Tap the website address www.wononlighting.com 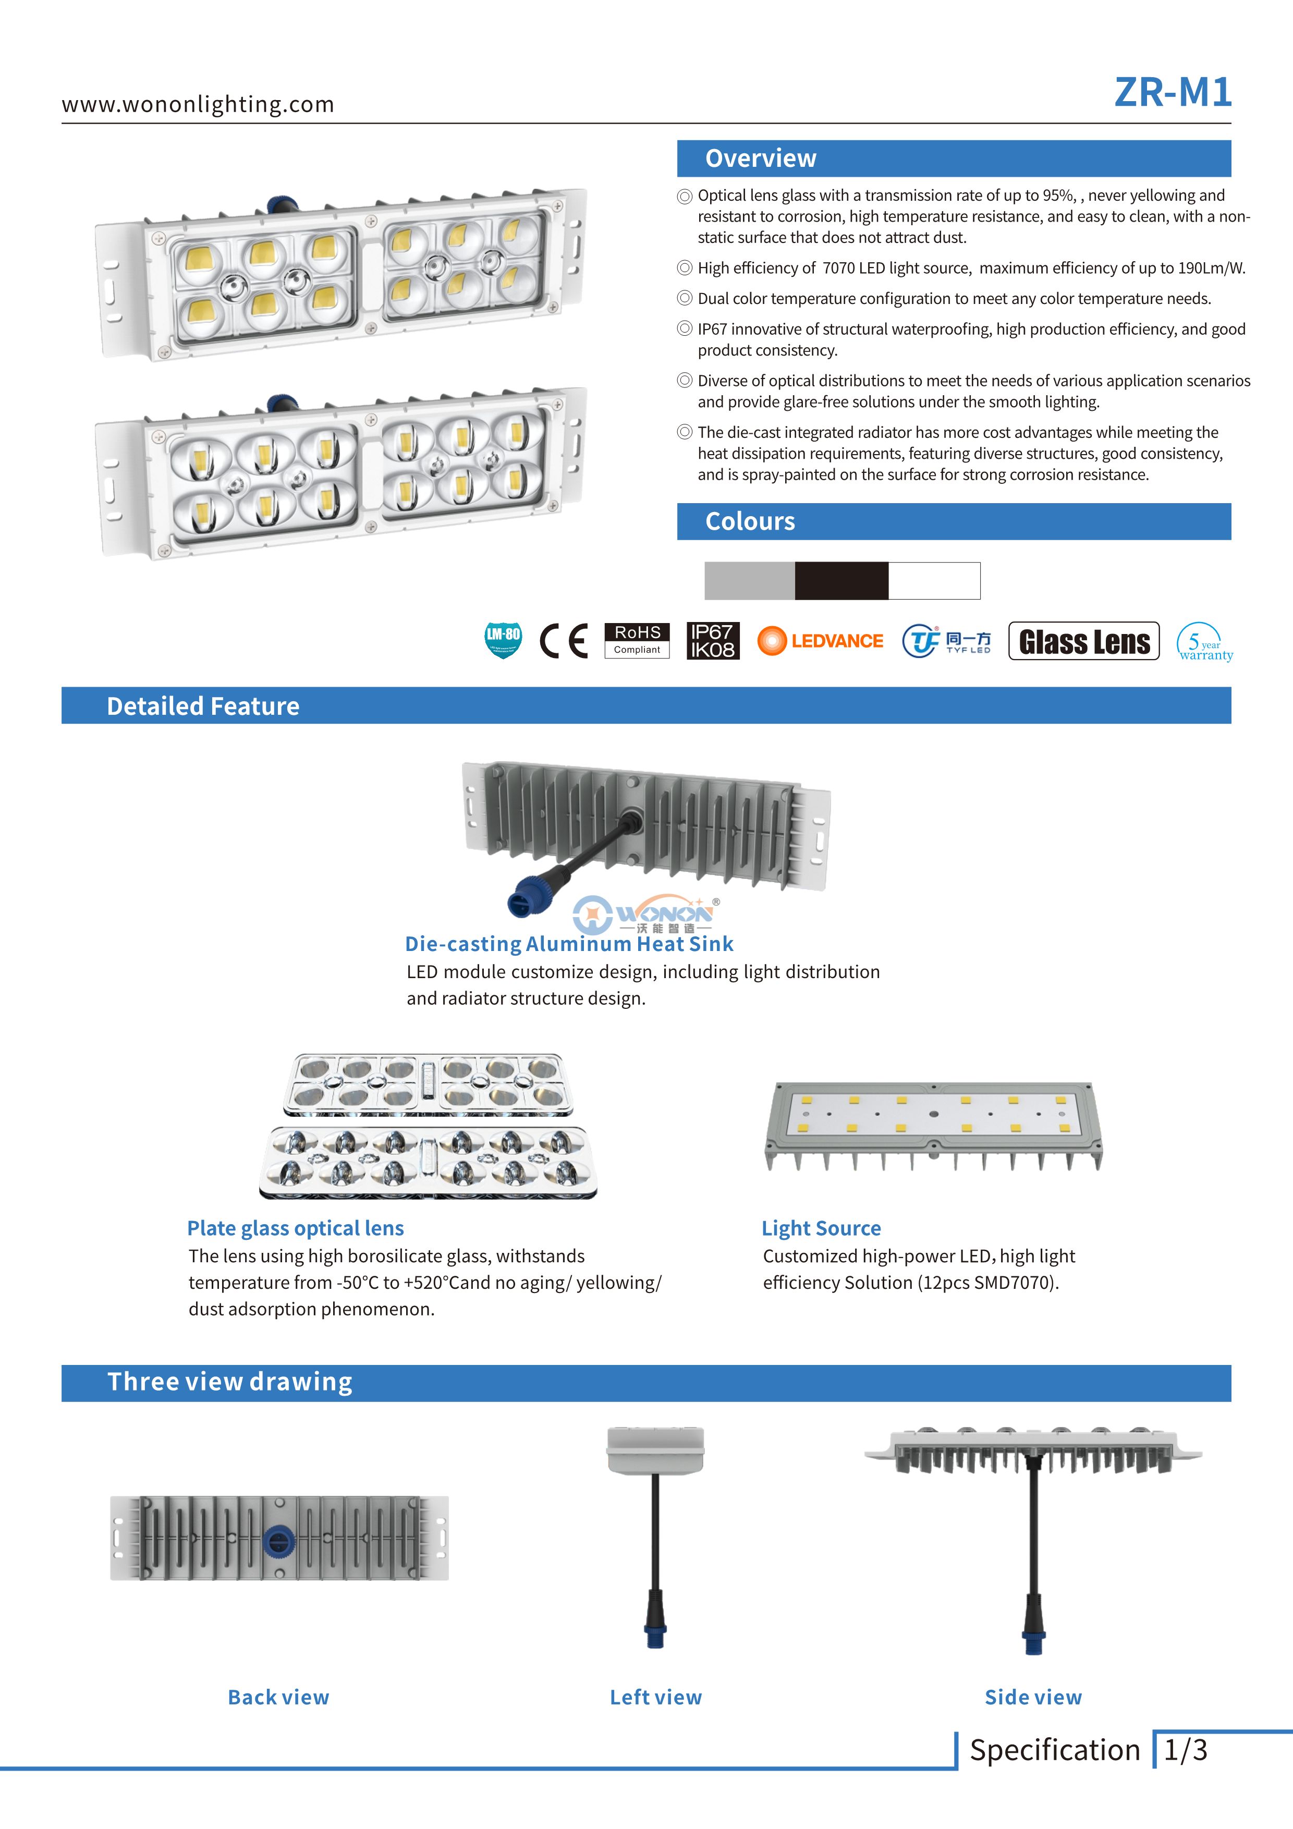[198, 104]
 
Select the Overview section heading [760, 158]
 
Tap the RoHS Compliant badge [637, 640]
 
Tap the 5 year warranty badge [1204, 642]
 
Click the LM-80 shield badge [503, 640]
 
